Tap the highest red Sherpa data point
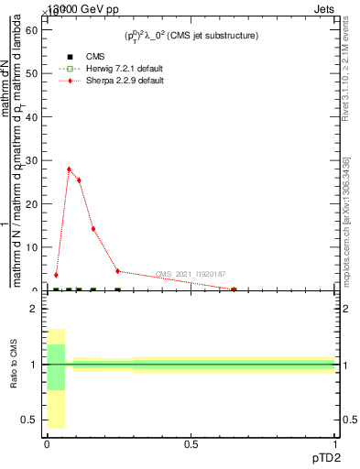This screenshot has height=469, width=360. pyautogui.click(x=69, y=169)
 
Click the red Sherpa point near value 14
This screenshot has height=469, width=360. pyautogui.click(x=93, y=229)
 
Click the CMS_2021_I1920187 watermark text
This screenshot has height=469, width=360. pyautogui.click(x=190, y=274)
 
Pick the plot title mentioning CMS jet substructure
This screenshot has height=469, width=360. pyautogui.click(x=191, y=36)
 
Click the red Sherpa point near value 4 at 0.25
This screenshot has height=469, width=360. pyautogui.click(x=117, y=271)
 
